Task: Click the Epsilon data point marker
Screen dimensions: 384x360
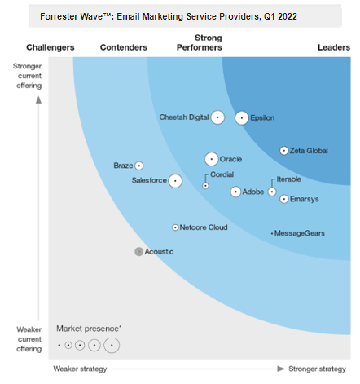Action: tap(242, 118)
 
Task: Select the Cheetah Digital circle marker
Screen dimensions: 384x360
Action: tap(217, 117)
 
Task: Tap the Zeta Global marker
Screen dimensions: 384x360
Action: tap(283, 151)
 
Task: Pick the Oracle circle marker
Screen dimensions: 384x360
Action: tap(212, 159)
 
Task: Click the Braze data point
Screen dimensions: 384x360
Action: tap(139, 166)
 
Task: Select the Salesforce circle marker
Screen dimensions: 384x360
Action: tap(174, 180)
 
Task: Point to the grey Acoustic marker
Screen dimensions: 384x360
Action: tap(138, 252)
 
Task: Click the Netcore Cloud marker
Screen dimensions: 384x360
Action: tap(175, 227)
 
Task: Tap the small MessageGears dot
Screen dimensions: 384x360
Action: tap(272, 234)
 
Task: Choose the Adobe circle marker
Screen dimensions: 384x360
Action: tap(236, 192)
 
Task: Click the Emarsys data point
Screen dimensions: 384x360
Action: tap(283, 199)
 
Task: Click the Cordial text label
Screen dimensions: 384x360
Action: tap(222, 174)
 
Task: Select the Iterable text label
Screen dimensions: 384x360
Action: tap(289, 179)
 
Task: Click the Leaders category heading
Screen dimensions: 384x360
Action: tap(333, 47)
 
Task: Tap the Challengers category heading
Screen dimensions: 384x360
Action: tap(50, 47)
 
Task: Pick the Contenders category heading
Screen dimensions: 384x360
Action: tap(123, 47)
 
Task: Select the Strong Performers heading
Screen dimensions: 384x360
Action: tap(209, 42)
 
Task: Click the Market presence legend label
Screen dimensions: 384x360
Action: tap(89, 329)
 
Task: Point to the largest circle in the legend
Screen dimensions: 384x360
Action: tap(111, 346)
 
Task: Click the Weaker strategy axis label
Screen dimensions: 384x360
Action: tap(81, 369)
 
